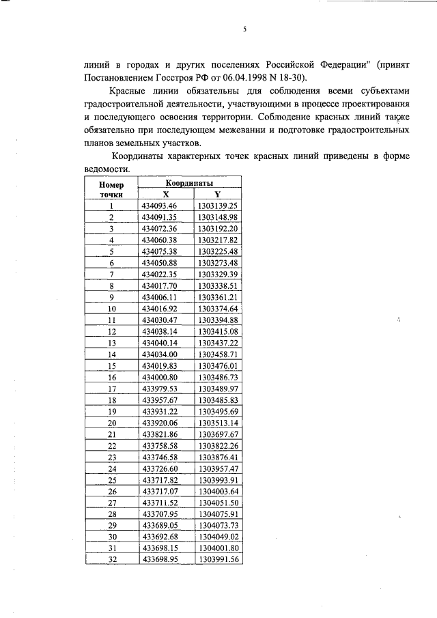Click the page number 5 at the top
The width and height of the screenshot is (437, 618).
(244, 29)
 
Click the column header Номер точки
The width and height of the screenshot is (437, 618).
(111, 189)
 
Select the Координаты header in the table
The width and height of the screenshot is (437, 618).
(189, 184)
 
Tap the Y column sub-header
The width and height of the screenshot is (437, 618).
(217, 194)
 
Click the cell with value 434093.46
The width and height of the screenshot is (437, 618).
(159, 206)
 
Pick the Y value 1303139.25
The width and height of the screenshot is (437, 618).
(217, 206)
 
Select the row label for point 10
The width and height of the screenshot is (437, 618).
(111, 308)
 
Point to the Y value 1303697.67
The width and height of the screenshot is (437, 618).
(217, 434)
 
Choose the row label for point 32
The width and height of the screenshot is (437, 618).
(111, 559)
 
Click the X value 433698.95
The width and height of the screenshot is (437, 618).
(159, 559)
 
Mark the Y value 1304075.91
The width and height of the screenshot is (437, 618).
(217, 514)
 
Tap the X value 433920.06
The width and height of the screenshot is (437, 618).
(159, 422)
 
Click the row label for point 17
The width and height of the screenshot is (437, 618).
(111, 388)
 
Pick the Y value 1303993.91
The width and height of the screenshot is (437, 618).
(217, 479)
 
